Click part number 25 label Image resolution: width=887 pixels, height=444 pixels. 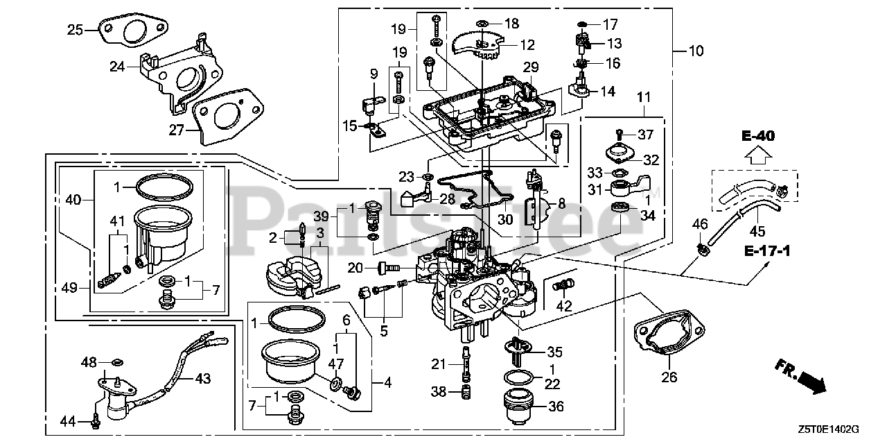(75, 29)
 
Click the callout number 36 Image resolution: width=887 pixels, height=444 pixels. (556, 407)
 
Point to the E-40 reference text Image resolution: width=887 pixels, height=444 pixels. (757, 135)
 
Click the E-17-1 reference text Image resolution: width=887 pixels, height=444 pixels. (769, 250)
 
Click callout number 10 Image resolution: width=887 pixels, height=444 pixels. (695, 50)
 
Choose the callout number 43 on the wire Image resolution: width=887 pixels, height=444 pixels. (202, 379)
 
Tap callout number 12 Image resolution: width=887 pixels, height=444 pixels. (527, 45)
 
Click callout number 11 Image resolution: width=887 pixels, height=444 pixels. (645, 99)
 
